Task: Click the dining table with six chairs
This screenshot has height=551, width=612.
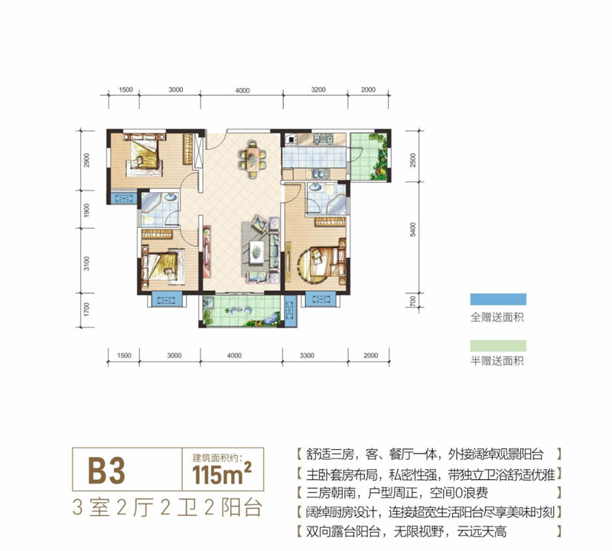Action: [x=250, y=155]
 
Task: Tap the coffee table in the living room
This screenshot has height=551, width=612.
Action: [x=256, y=246]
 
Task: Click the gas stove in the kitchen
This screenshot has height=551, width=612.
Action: [x=291, y=141]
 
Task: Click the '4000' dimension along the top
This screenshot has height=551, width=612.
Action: [x=243, y=90]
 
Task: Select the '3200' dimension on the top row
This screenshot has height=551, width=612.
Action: [x=319, y=90]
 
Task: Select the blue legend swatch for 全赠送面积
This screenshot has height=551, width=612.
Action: [x=498, y=300]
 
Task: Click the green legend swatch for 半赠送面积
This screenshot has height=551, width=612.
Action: [x=498, y=344]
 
